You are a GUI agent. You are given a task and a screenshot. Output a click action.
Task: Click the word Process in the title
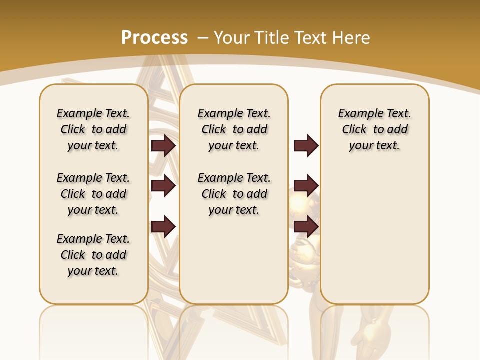(x=154, y=37)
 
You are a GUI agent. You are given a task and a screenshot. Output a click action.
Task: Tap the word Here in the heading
(x=351, y=38)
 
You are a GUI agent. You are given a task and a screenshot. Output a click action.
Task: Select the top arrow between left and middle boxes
(x=163, y=145)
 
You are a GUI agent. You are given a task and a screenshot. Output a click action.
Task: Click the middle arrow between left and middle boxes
(x=163, y=186)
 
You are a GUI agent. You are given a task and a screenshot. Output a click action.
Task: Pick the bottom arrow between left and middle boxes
(x=163, y=226)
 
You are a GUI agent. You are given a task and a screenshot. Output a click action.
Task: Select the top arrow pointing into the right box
(x=306, y=145)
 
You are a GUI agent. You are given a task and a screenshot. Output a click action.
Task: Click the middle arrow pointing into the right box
(x=306, y=186)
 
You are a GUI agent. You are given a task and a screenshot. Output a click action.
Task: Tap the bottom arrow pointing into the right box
(x=306, y=226)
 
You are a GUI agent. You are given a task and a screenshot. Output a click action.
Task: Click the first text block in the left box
(x=93, y=129)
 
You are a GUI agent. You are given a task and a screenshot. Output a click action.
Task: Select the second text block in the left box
(x=93, y=194)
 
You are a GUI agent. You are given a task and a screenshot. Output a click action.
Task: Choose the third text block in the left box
(x=93, y=255)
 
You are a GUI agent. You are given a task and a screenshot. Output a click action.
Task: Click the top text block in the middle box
(x=234, y=129)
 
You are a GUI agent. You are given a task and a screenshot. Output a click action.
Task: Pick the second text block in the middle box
(x=234, y=194)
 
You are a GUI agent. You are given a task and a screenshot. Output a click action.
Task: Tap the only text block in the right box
(x=374, y=129)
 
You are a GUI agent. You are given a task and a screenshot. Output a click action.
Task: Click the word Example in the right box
(x=356, y=113)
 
